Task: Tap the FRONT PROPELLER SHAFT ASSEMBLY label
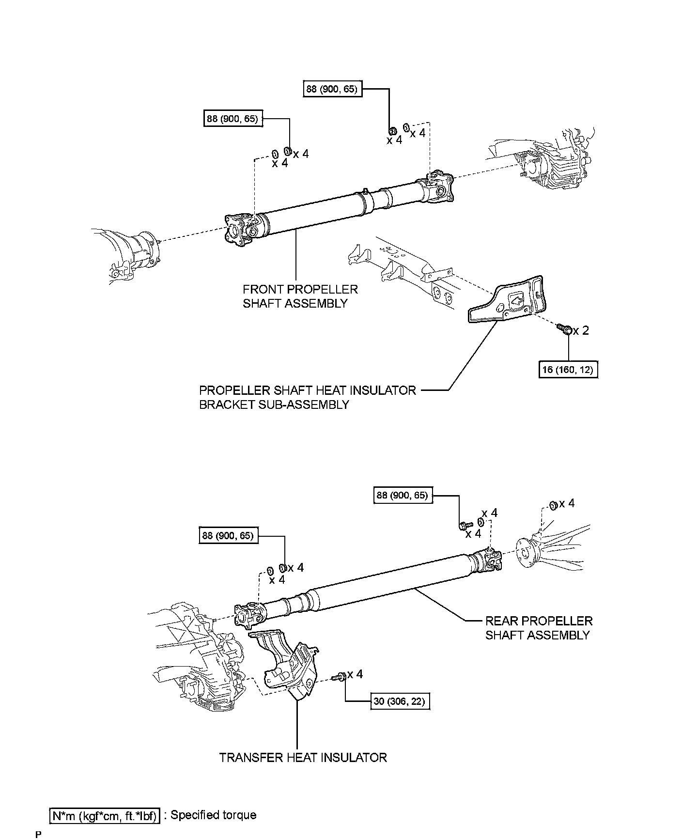point(300,296)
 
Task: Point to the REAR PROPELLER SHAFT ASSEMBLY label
point(539,628)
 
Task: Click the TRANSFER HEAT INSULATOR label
point(303,758)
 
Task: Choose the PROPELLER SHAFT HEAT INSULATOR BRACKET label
point(308,397)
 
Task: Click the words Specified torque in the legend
point(213,815)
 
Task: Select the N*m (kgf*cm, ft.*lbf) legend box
point(105,816)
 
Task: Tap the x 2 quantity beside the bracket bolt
point(581,331)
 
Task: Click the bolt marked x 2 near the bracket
point(565,330)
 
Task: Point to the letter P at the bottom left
point(38,835)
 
